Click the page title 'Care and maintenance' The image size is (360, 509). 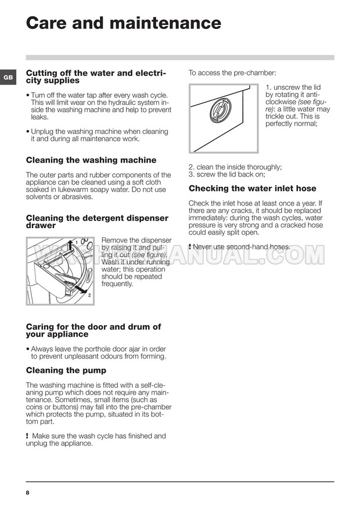[124, 23]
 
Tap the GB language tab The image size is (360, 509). [8, 77]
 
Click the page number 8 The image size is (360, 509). [27, 493]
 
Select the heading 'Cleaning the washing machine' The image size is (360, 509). [91, 160]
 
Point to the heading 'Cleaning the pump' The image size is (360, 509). [66, 370]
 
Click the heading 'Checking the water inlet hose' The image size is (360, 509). [253, 188]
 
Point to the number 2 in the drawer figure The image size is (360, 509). [89, 295]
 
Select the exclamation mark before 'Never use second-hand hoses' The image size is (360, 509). [190, 247]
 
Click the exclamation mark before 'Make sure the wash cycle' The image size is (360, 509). [28, 436]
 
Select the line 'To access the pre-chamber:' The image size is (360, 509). [232, 73]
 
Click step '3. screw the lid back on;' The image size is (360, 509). [227, 174]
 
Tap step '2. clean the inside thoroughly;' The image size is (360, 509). [235, 167]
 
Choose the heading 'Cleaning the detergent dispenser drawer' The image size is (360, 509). [97, 221]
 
